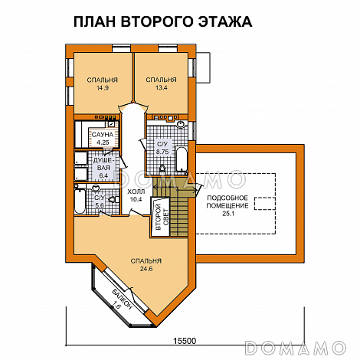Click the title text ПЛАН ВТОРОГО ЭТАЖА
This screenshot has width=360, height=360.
(x=162, y=21)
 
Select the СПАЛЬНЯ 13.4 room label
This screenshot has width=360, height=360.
(x=161, y=83)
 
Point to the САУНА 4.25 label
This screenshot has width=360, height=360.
(x=101, y=138)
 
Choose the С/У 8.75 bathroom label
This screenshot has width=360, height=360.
(x=162, y=148)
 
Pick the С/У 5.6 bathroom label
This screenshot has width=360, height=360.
(x=100, y=201)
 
